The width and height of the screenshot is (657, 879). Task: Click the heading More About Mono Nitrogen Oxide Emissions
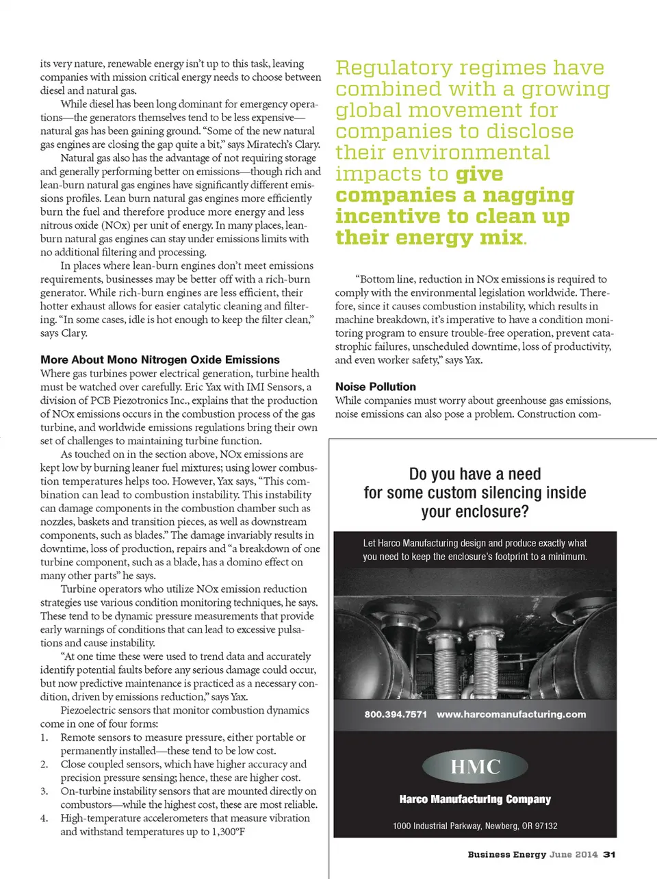coord(159,359)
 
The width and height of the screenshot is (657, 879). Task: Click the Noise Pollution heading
coord(375,387)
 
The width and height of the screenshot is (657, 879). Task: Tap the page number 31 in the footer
coord(609,854)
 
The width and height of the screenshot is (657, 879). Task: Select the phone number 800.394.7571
coord(396,714)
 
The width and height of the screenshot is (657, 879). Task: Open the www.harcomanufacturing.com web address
coord(511,714)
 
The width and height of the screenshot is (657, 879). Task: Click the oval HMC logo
coord(475,767)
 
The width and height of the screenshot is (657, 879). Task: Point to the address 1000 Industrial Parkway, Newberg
coord(475,826)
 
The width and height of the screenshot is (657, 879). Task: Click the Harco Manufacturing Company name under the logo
coord(475,799)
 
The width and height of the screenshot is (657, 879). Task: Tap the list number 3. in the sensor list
coord(44,791)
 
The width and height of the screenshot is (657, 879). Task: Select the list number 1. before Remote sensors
coord(44,737)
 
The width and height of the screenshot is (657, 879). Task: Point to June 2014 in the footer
coord(574,854)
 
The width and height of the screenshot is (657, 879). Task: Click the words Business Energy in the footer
coord(506,854)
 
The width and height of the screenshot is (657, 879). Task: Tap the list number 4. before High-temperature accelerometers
coord(44,818)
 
